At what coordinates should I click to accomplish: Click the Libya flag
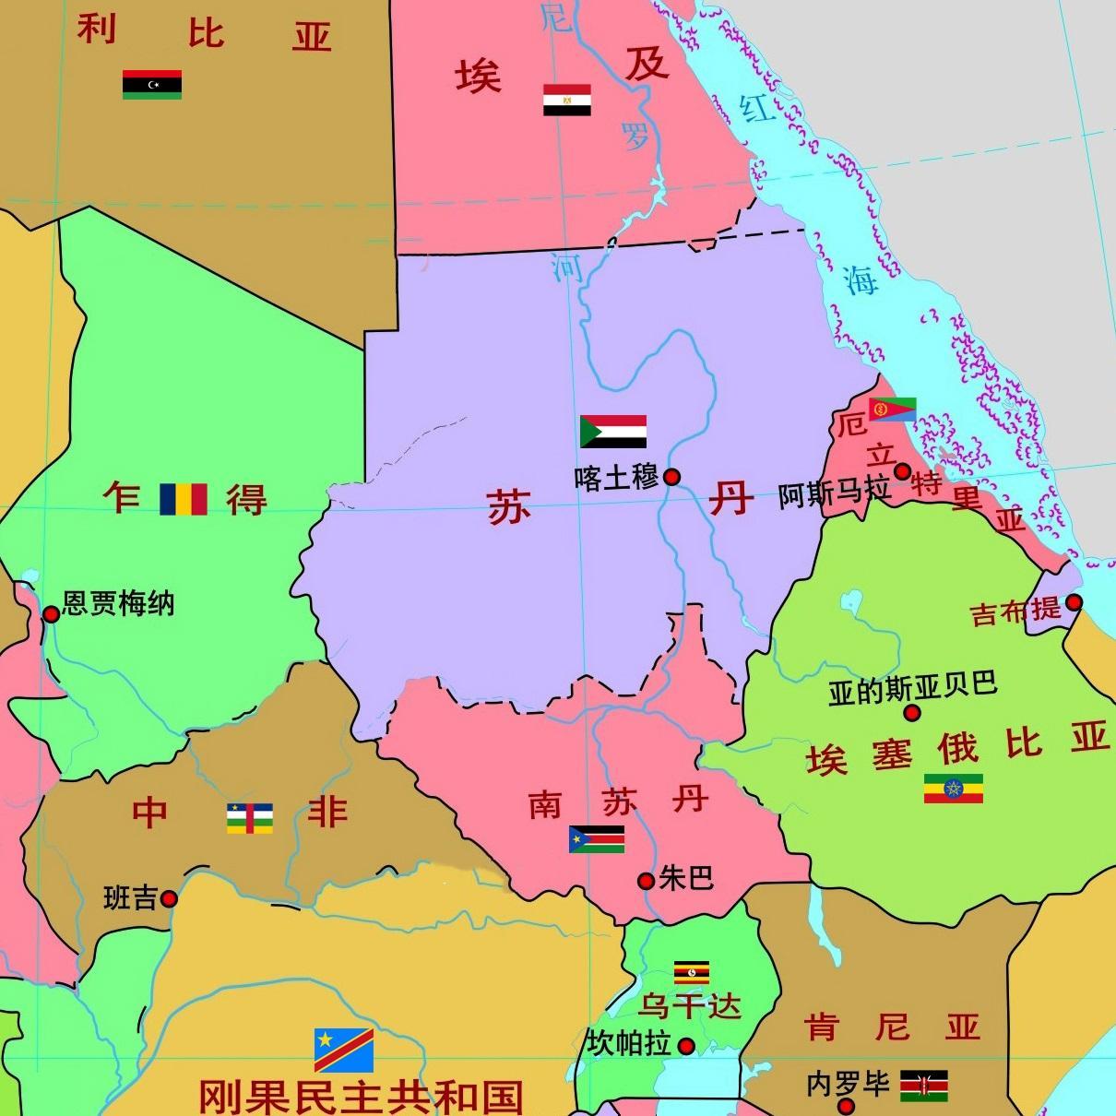(x=152, y=84)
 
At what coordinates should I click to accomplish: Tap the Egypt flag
(x=566, y=100)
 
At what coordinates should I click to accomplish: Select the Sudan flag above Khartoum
(x=612, y=431)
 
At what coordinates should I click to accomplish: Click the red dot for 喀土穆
(x=672, y=477)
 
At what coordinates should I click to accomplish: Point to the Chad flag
(x=184, y=499)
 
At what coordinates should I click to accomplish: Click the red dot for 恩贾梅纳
(x=52, y=613)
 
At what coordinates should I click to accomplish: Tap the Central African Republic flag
(x=250, y=818)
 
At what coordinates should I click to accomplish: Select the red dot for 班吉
(x=169, y=898)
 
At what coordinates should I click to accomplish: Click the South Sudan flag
(x=597, y=838)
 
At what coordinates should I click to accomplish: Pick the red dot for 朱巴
(x=647, y=881)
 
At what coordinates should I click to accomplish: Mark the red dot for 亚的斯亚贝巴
(x=912, y=713)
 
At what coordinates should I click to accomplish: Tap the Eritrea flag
(x=892, y=409)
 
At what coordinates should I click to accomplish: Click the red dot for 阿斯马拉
(x=902, y=471)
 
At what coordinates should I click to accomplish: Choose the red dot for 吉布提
(x=1074, y=603)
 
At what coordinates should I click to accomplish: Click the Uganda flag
(x=691, y=973)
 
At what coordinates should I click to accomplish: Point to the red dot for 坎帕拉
(x=686, y=1046)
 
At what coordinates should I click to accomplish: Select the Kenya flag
(x=923, y=1086)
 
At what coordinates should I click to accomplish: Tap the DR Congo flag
(x=343, y=1050)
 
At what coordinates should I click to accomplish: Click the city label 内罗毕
(x=847, y=1085)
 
